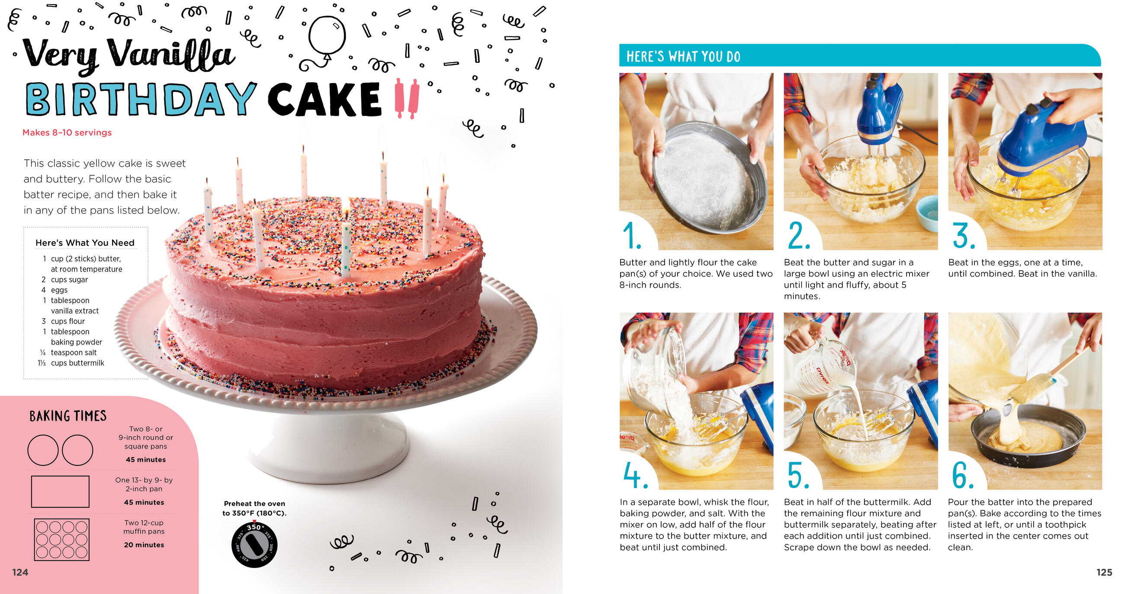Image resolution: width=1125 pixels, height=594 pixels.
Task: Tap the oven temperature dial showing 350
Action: coord(254,544)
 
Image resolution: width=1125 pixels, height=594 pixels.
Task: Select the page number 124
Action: coord(20,572)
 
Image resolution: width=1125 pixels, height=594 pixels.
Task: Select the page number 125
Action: coord(1104,572)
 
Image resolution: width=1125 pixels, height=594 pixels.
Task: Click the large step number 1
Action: coord(632,235)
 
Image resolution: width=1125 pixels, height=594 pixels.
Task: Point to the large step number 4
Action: coord(636,475)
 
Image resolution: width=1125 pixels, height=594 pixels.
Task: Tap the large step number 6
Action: coord(963,475)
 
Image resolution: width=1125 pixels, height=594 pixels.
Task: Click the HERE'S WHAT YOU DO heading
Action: coord(684,56)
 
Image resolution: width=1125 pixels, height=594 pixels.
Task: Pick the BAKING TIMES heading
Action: coord(67,416)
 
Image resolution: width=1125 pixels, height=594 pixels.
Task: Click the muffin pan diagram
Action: coord(61,539)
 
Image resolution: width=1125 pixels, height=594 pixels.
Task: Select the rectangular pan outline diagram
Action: coord(60,491)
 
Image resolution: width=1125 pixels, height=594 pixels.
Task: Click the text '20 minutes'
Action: coord(144,545)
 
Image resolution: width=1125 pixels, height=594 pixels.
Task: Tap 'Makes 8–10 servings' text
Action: coord(67,132)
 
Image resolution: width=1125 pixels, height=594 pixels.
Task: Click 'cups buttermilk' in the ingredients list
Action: coord(78,363)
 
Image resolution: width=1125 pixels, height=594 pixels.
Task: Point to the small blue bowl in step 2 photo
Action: coord(927,213)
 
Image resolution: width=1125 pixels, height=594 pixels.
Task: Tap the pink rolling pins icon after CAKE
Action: coord(407,98)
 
